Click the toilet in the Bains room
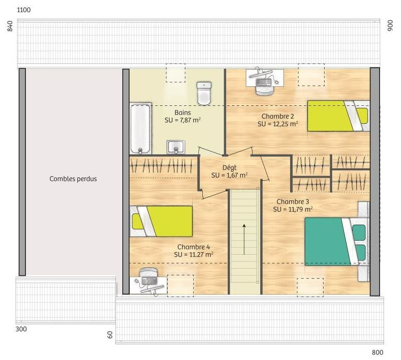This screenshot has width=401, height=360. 204,93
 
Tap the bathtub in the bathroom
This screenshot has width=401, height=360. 140,128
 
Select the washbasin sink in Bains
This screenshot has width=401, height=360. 176,147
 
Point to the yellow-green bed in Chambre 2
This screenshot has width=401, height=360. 339,116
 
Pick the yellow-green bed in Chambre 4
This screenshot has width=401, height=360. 161,221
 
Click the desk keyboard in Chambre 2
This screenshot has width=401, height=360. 263,82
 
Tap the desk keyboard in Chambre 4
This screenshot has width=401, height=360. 149,281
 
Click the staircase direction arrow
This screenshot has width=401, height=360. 244,240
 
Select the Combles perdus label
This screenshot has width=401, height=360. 73,179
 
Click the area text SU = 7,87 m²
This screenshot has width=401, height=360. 183,120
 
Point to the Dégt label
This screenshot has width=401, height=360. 229,168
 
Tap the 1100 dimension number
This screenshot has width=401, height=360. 24,10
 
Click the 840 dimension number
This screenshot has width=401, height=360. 9,26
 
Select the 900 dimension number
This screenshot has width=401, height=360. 390,25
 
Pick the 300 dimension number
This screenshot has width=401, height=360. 21,329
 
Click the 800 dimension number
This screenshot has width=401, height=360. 378,353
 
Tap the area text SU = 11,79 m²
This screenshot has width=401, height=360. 293,209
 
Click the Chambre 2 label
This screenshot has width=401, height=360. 278,116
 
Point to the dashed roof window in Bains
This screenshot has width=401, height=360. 175,73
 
